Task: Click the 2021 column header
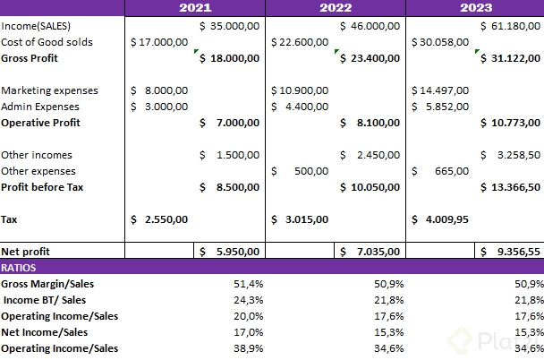click(x=195, y=8)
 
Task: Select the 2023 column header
click(x=474, y=8)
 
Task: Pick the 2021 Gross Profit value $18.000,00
click(x=230, y=58)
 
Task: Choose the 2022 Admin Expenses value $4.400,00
click(x=301, y=107)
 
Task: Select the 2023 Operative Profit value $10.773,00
click(x=510, y=123)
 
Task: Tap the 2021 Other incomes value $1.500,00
click(x=230, y=155)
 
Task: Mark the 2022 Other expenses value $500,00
click(x=301, y=171)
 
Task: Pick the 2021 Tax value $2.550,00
click(x=159, y=219)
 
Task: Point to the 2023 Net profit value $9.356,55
click(x=510, y=252)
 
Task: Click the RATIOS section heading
click(x=19, y=268)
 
